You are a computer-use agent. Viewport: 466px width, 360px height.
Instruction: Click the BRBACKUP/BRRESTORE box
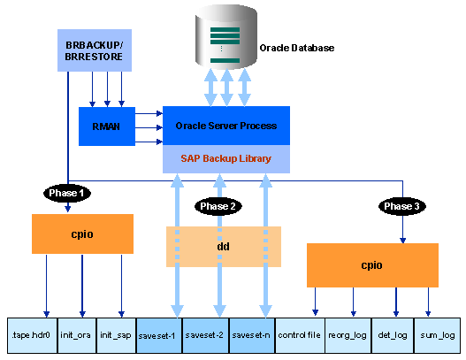point(95,50)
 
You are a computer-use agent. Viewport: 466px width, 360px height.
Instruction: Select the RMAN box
point(107,126)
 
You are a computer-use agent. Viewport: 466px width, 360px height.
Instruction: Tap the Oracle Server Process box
point(226,126)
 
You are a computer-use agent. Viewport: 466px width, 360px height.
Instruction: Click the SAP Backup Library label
point(226,158)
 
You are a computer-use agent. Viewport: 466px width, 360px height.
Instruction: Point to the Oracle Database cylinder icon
point(226,37)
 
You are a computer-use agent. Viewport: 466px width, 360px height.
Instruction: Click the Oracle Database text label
point(297,48)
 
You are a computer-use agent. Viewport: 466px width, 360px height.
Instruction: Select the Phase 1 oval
point(67,193)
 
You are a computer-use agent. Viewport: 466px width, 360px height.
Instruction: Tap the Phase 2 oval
point(218,206)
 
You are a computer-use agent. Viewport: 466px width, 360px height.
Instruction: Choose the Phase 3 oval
point(402,206)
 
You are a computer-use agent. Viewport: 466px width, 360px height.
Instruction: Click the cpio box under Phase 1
point(82,234)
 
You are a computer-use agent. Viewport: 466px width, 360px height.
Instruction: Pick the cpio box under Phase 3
point(372,265)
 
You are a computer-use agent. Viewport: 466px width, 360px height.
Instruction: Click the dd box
point(224,247)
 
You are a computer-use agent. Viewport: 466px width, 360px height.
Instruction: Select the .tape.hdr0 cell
point(32,335)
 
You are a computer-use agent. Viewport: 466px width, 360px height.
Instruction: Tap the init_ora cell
point(77,335)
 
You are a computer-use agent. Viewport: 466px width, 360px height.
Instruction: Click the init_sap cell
point(116,335)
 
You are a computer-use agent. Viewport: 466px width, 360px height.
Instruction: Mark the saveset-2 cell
point(205,335)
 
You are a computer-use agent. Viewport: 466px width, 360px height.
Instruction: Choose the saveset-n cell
point(252,335)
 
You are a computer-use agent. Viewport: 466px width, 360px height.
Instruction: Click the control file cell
point(300,335)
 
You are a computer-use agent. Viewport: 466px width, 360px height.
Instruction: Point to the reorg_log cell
point(348,335)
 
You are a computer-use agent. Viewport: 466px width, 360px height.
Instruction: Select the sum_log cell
point(437,335)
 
